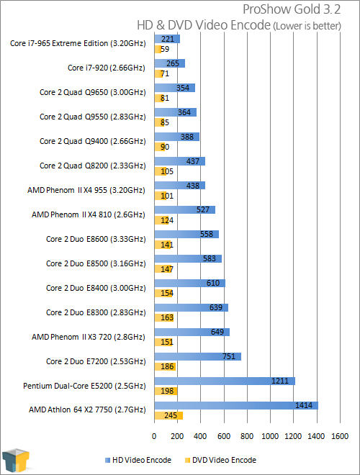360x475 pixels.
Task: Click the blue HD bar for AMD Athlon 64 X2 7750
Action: [x=236, y=405]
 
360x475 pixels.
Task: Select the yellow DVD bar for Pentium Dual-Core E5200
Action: [x=166, y=391]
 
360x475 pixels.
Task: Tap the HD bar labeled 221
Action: [x=167, y=39]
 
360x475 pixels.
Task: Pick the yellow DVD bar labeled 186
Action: [x=165, y=366]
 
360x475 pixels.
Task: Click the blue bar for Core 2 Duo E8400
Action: [x=189, y=284]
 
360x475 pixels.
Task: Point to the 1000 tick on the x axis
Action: [x=270, y=436]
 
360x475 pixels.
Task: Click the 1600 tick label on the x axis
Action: [x=340, y=436]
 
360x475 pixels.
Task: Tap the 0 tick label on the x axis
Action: [x=154, y=436]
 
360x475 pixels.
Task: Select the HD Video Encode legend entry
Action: [x=138, y=460]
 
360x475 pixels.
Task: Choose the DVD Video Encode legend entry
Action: [x=220, y=460]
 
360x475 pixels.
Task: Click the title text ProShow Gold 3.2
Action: [x=292, y=9]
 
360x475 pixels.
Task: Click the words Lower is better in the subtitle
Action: [x=307, y=26]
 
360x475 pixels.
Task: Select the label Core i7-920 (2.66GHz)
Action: [x=107, y=68]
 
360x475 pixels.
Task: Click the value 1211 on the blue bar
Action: [x=280, y=381]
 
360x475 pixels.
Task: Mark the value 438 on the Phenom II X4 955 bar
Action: [x=193, y=186]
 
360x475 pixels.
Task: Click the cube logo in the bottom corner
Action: [x=16, y=461]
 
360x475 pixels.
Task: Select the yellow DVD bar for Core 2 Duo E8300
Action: [x=164, y=317]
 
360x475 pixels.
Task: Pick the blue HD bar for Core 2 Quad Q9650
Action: [x=175, y=88]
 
